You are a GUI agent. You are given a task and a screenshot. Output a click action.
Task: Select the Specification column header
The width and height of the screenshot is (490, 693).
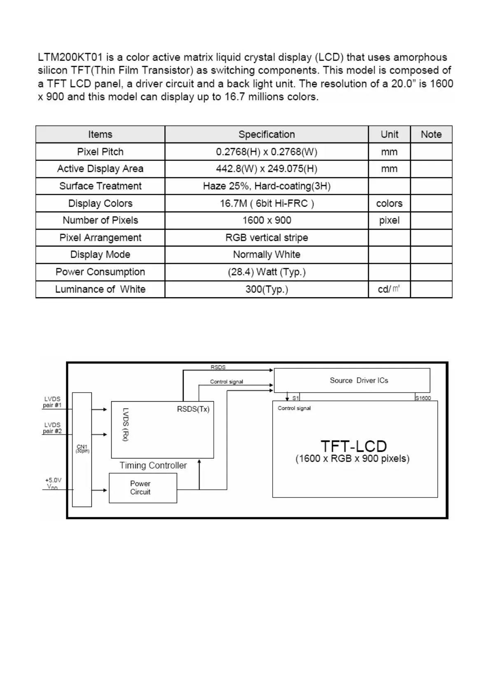click(266, 135)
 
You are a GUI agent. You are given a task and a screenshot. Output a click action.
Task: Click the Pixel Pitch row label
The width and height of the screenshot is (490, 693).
click(100, 152)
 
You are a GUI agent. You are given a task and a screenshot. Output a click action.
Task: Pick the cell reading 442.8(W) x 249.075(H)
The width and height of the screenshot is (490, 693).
click(266, 169)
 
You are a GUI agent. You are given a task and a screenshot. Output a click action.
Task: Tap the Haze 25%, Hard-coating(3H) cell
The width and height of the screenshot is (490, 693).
click(266, 186)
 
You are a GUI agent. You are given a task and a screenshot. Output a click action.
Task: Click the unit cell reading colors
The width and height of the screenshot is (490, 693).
click(389, 203)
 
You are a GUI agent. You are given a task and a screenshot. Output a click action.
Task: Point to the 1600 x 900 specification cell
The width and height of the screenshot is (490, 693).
click(266, 220)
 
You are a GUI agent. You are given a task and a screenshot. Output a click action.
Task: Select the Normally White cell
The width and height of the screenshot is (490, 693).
click(266, 255)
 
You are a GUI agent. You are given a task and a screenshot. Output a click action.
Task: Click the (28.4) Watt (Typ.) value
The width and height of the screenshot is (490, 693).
click(266, 272)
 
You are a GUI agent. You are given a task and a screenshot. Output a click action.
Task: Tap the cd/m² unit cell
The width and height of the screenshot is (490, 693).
click(389, 289)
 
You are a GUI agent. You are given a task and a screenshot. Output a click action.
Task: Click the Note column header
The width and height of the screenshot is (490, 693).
click(431, 135)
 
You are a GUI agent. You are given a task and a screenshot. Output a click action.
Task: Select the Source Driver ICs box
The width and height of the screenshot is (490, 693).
click(352, 381)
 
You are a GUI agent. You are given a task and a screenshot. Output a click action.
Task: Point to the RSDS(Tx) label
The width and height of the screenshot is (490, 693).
click(193, 409)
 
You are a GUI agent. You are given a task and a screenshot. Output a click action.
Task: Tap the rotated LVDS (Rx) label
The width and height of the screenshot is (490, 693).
click(126, 424)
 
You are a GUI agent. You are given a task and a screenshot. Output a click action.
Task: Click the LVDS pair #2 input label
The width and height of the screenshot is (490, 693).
click(52, 428)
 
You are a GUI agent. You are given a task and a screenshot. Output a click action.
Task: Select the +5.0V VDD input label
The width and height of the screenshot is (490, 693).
click(53, 484)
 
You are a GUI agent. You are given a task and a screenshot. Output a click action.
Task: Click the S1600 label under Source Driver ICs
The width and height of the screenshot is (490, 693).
click(423, 398)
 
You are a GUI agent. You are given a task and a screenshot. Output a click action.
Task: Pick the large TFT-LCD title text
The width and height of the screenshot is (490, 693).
click(354, 446)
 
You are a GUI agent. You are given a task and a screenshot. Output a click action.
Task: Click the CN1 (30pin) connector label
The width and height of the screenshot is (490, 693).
click(82, 449)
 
